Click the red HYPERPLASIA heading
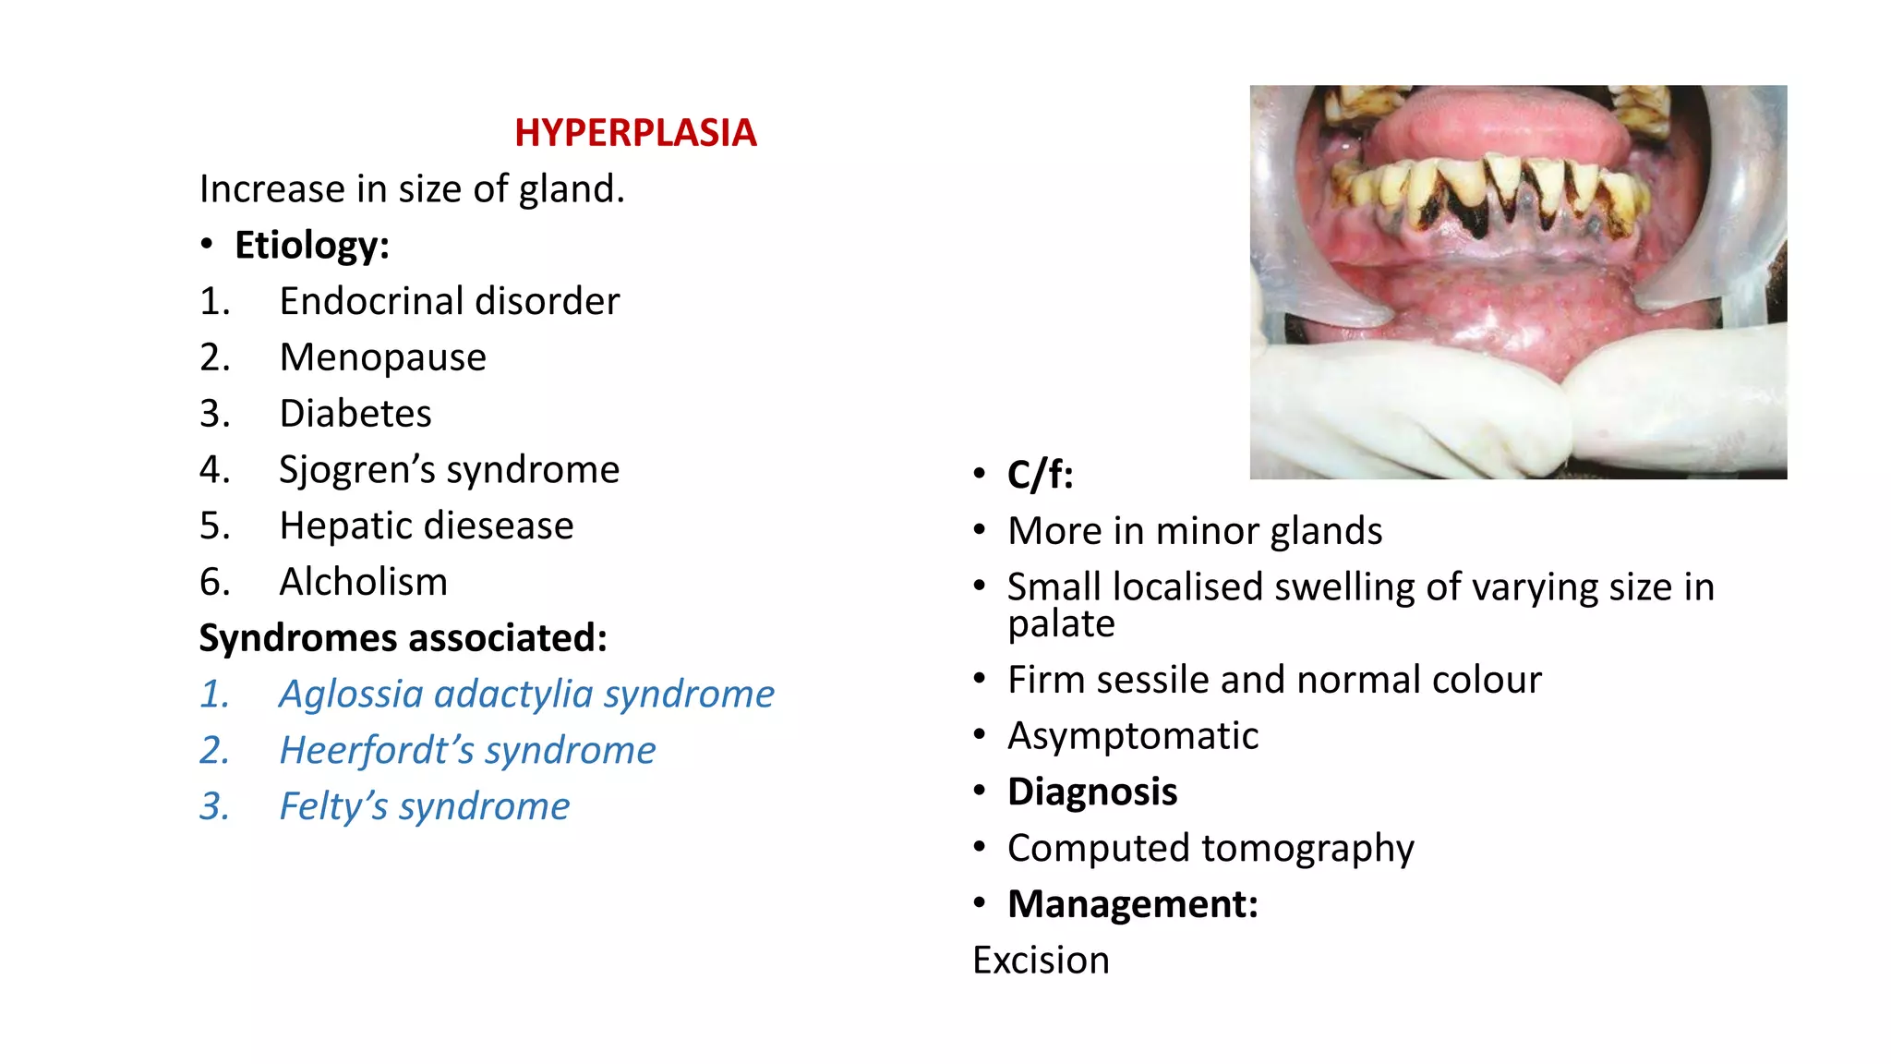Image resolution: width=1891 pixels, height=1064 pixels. pos(635,133)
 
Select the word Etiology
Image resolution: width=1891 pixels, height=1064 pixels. pos(311,246)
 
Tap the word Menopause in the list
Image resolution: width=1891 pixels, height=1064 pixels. pos(382,357)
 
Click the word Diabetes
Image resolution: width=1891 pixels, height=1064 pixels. pos(355,414)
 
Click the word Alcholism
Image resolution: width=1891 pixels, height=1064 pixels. pos(363,583)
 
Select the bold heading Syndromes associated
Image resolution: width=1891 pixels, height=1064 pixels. pos(403,638)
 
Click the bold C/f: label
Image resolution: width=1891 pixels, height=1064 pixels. pos(1040,476)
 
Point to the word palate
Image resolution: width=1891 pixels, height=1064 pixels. pos(1061,624)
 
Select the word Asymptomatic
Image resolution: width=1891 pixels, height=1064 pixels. pos(1132,737)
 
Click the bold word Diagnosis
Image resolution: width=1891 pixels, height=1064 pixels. pos(1091,792)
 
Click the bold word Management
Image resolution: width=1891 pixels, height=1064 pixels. pos(1132,904)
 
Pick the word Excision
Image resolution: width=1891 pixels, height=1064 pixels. pos(1041,961)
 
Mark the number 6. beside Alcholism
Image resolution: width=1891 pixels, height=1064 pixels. pos(214,583)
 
